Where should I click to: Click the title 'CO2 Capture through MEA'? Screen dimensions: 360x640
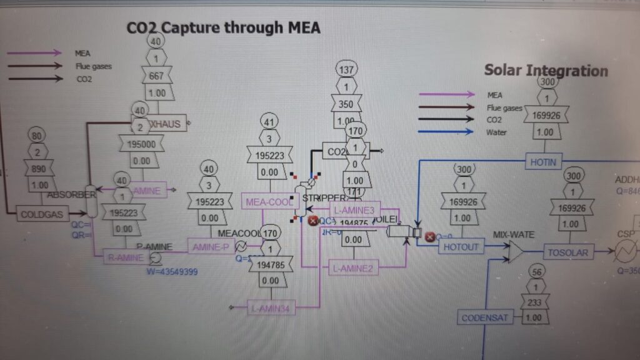(x=224, y=27)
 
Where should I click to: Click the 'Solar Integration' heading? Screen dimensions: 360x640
(x=546, y=70)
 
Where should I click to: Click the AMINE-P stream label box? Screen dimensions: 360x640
(x=211, y=247)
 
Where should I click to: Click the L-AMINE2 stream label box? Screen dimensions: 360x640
(x=352, y=269)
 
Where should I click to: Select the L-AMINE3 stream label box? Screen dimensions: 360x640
(x=353, y=211)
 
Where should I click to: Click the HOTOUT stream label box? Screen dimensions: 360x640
(x=461, y=247)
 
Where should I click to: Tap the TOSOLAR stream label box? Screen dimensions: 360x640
(x=567, y=252)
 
